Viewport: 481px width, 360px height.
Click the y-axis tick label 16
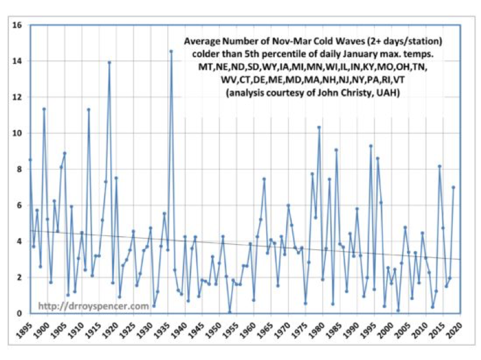click(17, 25)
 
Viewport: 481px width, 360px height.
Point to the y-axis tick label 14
click(17, 61)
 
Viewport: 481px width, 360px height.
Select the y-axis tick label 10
click(17, 133)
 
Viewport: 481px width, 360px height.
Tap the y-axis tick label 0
click(19, 313)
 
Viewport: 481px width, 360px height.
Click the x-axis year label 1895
click(25, 329)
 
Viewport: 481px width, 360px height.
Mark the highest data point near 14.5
click(171, 51)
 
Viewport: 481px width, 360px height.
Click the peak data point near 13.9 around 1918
click(110, 62)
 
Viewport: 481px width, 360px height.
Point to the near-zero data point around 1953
click(229, 312)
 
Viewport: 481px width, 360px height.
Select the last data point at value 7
click(453, 187)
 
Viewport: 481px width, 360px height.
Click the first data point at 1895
click(30, 160)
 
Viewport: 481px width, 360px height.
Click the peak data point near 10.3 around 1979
click(319, 127)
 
